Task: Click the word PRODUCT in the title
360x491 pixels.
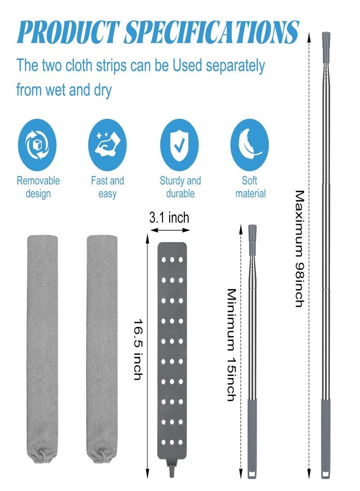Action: pyautogui.click(x=69, y=32)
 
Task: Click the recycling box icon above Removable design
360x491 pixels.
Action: pyautogui.click(x=37, y=145)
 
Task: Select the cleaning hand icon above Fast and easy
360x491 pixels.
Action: pyautogui.click(x=107, y=145)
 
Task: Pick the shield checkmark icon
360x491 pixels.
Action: pyautogui.click(x=179, y=145)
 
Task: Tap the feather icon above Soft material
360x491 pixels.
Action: pyautogui.click(x=249, y=145)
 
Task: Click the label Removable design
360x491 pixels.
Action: pyautogui.click(x=38, y=187)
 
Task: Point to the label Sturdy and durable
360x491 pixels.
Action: pyautogui.click(x=181, y=187)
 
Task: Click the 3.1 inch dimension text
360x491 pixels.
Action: pyautogui.click(x=169, y=218)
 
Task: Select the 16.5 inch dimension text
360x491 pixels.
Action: pyautogui.click(x=139, y=350)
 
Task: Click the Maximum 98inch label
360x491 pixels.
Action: pyautogui.click(x=299, y=249)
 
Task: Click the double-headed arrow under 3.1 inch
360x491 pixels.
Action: pyautogui.click(x=170, y=230)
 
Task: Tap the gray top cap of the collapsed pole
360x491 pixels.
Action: pyautogui.click(x=253, y=232)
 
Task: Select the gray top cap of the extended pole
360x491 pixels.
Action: pyautogui.click(x=326, y=39)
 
